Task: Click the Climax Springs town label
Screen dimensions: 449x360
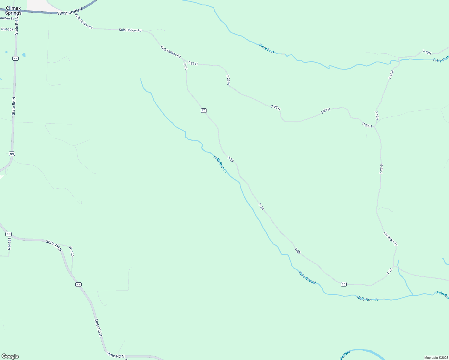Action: [x=13, y=10]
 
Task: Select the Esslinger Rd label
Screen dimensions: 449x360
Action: [x=390, y=238]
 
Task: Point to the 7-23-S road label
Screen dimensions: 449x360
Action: [x=381, y=169]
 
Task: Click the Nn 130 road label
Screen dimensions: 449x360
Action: [x=71, y=251]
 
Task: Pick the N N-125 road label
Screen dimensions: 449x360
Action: [x=9, y=244]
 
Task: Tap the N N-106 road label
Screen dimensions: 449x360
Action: [x=8, y=29]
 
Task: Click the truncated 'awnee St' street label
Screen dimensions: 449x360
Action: [x=7, y=18]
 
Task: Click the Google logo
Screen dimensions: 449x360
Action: [x=10, y=356]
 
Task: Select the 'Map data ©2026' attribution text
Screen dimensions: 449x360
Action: [x=436, y=358]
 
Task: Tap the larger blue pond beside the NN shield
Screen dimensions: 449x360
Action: [x=24, y=55]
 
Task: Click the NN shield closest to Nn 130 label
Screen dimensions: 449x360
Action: [x=78, y=284]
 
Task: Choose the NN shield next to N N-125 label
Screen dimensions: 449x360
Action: [x=8, y=234]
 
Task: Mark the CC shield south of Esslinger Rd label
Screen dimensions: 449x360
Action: [x=344, y=284]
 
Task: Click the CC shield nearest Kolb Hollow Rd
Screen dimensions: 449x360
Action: [x=203, y=110]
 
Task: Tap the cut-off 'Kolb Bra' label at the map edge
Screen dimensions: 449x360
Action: [x=442, y=295]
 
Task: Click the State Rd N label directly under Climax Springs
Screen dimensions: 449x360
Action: [x=17, y=26]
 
